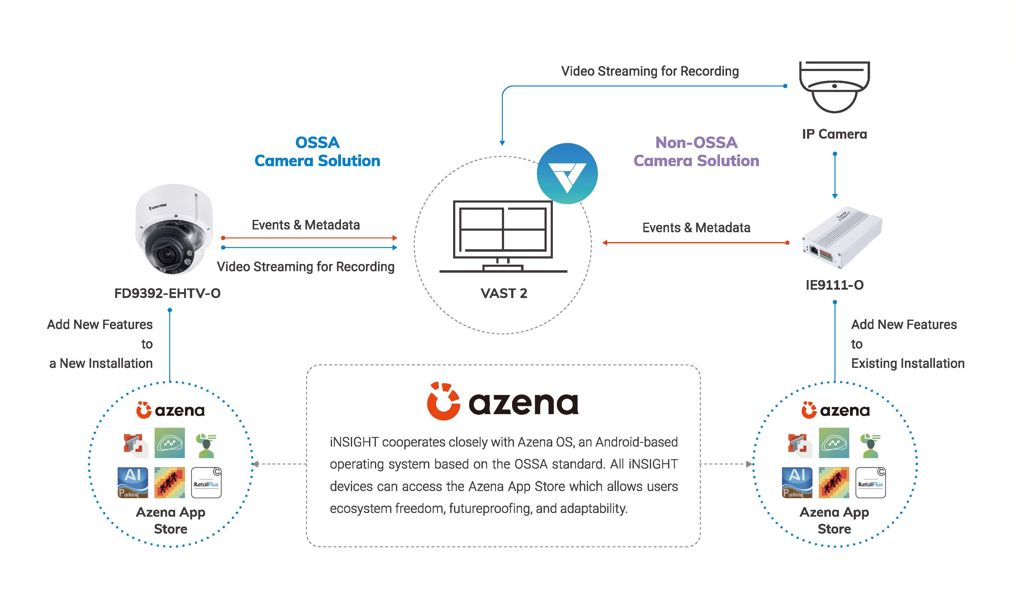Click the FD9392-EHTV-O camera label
click(x=167, y=293)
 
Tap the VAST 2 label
click(x=503, y=293)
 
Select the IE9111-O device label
click(x=834, y=285)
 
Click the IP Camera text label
click(x=834, y=134)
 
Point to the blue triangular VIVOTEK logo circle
click(x=567, y=173)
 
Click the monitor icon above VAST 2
click(x=503, y=236)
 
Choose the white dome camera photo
click(x=173, y=230)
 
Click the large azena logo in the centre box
click(x=503, y=402)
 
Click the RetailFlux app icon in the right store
click(x=870, y=483)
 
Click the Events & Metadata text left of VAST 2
click(x=306, y=225)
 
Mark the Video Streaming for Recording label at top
click(x=650, y=71)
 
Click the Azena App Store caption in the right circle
click(x=834, y=520)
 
